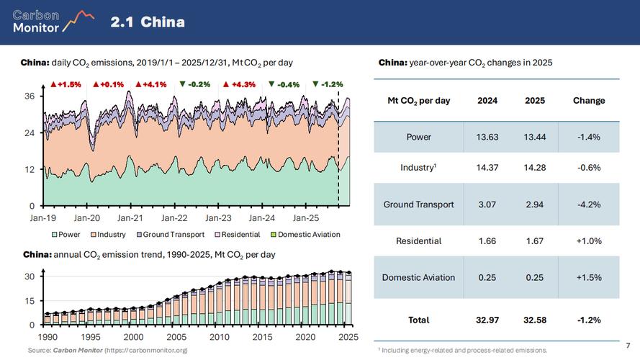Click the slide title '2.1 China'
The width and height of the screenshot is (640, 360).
click(148, 22)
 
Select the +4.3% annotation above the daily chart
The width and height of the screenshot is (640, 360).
click(240, 84)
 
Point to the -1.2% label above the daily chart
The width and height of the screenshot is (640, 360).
click(328, 84)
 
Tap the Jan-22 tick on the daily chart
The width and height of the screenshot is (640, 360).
click(174, 217)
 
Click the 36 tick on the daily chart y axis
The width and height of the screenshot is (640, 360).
click(29, 96)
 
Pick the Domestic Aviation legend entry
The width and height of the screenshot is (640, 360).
click(305, 235)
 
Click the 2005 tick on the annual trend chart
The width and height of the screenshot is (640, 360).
click(176, 337)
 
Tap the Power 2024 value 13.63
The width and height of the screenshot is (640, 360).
click(488, 137)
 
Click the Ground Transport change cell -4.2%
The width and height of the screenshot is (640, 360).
click(589, 204)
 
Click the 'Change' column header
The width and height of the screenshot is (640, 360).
click(589, 101)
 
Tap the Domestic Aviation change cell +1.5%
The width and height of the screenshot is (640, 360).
click(589, 277)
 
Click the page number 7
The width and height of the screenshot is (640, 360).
click(628, 346)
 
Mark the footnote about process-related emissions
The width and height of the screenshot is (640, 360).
click(462, 351)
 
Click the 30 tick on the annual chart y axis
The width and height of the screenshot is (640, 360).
click(30, 277)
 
